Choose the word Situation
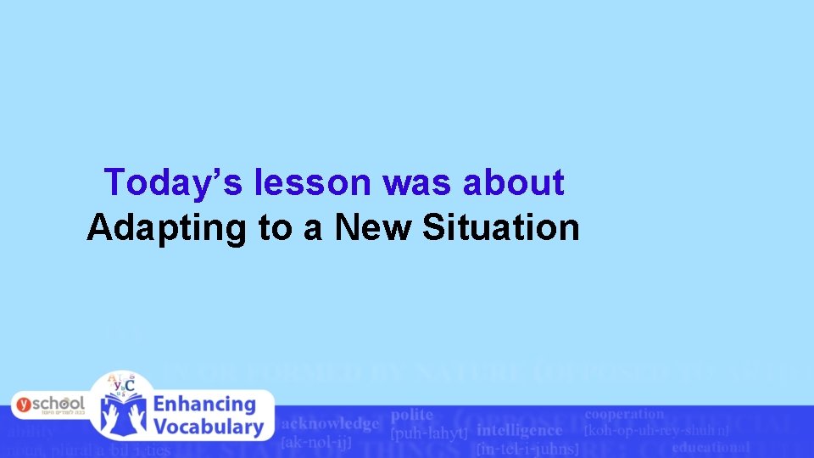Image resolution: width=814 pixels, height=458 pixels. (501, 227)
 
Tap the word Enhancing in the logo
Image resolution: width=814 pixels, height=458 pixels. (204, 405)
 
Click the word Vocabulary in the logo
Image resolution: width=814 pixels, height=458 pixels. (208, 427)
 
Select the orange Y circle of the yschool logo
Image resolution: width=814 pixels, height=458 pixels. (25, 405)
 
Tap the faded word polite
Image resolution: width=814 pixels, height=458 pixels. (412, 415)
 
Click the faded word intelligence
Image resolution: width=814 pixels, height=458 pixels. (519, 430)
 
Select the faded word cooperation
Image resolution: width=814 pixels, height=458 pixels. (624, 414)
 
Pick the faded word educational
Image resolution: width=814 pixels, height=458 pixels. (711, 447)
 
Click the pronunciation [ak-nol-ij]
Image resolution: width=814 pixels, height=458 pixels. (316, 441)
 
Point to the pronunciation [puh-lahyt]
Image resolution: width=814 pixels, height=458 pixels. (429, 433)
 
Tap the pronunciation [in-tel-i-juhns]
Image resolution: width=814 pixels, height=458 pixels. (527, 448)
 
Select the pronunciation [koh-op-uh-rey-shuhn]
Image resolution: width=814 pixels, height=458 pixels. (656, 430)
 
